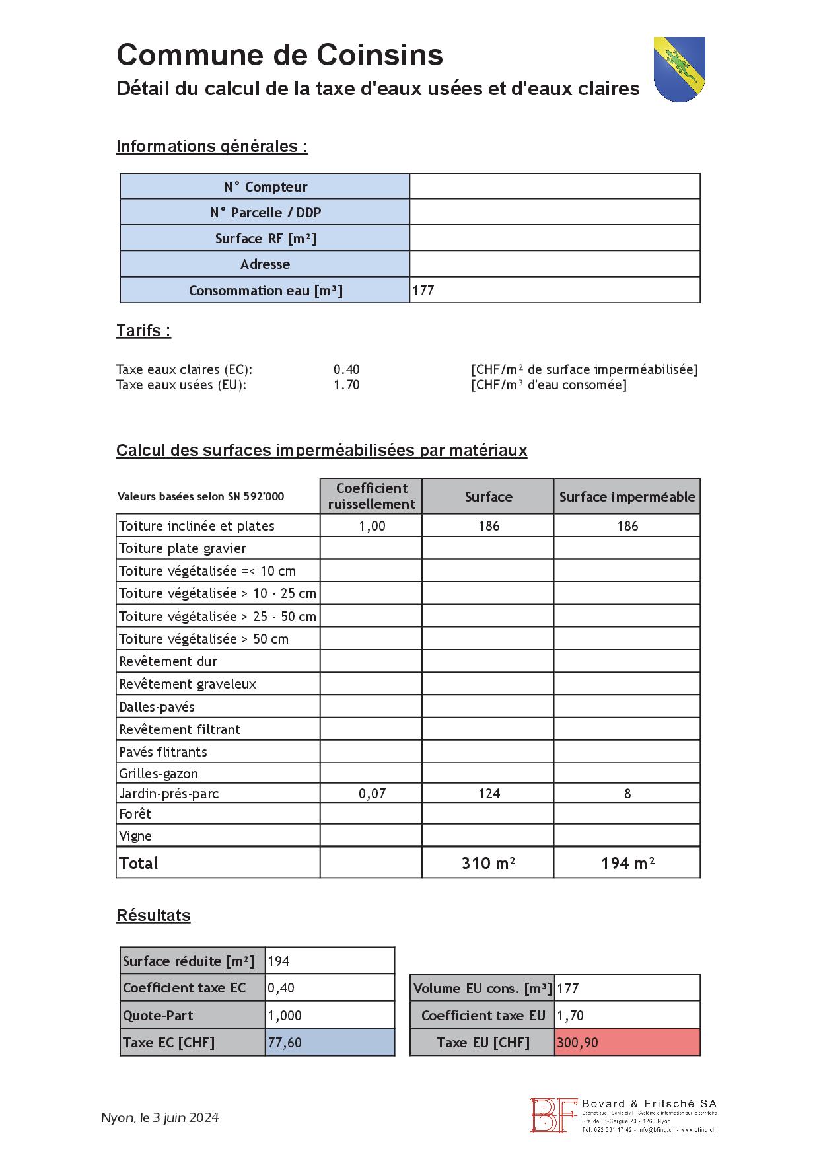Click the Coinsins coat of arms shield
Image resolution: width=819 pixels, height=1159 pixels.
point(679,69)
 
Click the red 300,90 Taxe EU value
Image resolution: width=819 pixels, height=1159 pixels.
point(577,1043)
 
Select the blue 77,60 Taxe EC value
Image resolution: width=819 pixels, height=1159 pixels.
point(285,1043)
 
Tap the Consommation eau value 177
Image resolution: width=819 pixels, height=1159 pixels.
point(423,291)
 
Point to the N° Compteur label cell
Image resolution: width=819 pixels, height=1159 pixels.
point(265,187)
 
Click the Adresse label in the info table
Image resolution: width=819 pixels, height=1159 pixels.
point(265,264)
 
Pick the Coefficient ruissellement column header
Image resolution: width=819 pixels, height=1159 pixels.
point(371,496)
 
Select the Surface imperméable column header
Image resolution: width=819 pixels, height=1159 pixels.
point(627,497)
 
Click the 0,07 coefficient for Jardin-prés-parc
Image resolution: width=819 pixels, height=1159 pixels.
point(372,794)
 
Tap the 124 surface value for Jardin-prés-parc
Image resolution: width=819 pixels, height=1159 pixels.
point(489,794)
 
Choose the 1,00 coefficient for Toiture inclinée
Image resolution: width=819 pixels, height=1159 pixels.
point(372,526)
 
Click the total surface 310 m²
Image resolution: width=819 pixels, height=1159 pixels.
point(488,863)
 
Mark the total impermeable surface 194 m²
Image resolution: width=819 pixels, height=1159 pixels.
point(627,863)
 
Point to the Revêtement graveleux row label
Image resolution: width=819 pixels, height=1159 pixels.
point(188,684)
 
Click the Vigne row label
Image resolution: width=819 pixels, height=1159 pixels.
point(135,836)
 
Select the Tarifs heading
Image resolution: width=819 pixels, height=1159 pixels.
point(143,330)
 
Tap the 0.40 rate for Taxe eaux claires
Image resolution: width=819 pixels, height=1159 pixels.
point(346,369)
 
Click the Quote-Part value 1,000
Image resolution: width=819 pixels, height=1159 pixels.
point(285,1016)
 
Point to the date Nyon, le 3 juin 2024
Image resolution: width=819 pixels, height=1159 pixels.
point(160,1117)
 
